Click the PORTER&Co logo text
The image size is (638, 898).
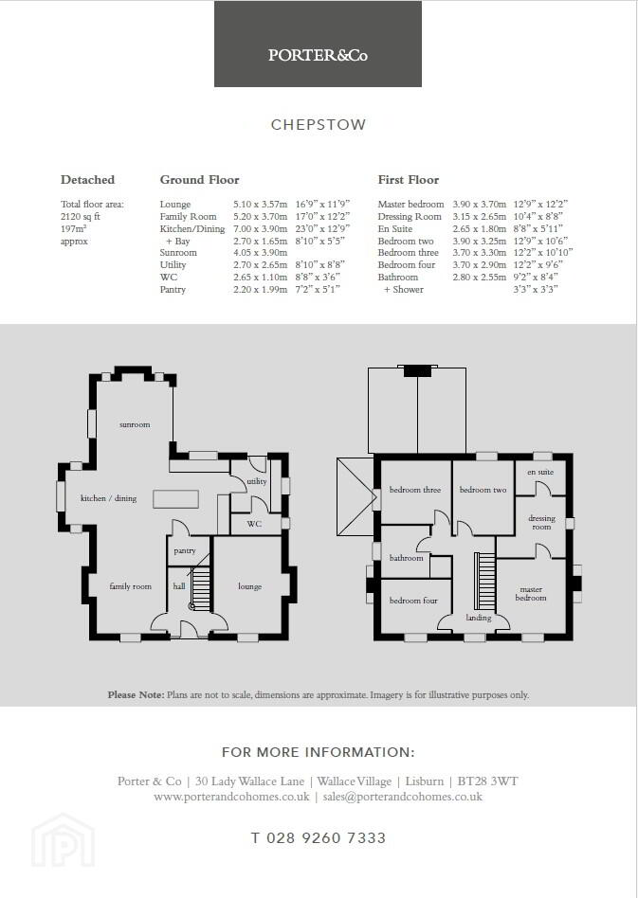318,55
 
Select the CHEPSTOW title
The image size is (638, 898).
319,125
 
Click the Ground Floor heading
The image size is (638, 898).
199,179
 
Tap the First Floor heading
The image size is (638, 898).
409,179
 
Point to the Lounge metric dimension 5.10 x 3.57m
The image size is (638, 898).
261,204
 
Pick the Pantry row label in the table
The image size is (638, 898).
173,289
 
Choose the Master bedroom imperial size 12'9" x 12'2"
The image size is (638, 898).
540,204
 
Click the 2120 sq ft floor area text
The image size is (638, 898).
81,217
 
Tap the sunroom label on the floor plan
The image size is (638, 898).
135,424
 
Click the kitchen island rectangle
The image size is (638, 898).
176,499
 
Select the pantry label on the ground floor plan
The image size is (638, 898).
185,551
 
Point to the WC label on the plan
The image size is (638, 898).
254,524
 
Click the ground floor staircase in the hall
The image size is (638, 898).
200,588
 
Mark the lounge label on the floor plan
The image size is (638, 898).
250,586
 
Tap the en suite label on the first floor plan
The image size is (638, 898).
540,472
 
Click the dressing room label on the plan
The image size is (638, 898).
541,522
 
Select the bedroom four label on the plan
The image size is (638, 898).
413,601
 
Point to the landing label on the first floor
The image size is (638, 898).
479,618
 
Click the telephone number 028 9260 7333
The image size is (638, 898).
319,838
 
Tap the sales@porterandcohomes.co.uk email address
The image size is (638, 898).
402,797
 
